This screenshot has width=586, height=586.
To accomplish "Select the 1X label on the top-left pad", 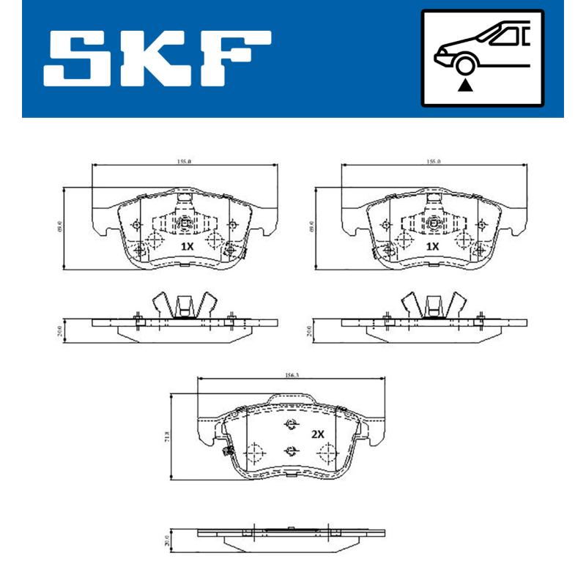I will click(x=187, y=247).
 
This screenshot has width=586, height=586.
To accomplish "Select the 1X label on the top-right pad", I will click(x=433, y=247).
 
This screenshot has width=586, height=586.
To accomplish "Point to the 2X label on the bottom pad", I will click(x=317, y=434).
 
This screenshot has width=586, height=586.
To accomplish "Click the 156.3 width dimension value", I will click(x=291, y=375).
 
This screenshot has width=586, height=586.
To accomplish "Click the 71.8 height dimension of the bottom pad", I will click(x=168, y=438).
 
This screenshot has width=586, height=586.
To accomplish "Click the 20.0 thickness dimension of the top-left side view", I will click(x=61, y=330).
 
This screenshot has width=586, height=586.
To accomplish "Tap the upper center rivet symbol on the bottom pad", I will click(x=291, y=424).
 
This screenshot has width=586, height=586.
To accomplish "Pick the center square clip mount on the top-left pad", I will click(x=185, y=223).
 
